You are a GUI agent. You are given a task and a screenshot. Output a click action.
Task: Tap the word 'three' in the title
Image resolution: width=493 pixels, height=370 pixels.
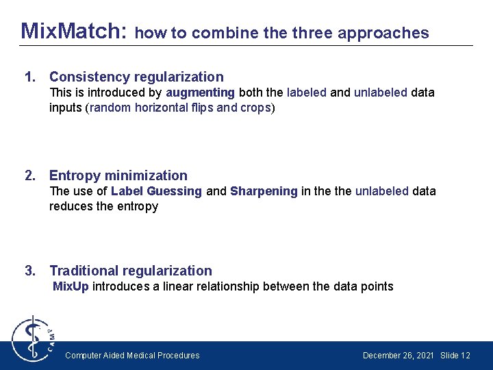[312, 33]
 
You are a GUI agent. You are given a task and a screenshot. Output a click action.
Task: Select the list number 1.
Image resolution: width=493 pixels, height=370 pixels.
[29, 77]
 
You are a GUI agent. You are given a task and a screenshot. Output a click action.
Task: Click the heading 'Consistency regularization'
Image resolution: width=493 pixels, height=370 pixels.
[136, 77]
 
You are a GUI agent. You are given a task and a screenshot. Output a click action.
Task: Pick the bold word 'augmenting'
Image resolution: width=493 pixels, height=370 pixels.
[200, 92]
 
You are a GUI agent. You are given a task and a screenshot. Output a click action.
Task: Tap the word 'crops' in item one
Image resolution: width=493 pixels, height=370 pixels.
[255, 108]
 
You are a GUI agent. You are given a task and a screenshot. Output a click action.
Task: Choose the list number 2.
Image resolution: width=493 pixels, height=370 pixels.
[29, 175]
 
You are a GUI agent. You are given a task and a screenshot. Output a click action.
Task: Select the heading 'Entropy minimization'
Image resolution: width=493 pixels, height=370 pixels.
[118, 175]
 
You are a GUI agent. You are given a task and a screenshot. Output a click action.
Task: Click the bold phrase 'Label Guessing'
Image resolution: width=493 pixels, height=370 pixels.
[156, 191]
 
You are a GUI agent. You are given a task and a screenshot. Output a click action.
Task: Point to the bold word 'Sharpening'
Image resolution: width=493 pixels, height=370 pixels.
[264, 191]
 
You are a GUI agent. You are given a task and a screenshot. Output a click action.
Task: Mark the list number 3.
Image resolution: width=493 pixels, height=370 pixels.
[29, 271]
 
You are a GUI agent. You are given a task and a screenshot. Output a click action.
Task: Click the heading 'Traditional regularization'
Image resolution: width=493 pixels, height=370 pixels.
[131, 271]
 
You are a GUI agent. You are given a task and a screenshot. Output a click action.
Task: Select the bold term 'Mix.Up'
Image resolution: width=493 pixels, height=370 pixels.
[71, 286]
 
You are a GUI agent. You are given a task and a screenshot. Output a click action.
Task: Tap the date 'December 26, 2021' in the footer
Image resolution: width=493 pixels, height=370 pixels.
[398, 356]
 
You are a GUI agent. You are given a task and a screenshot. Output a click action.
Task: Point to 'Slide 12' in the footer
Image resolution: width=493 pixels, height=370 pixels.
[455, 356]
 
